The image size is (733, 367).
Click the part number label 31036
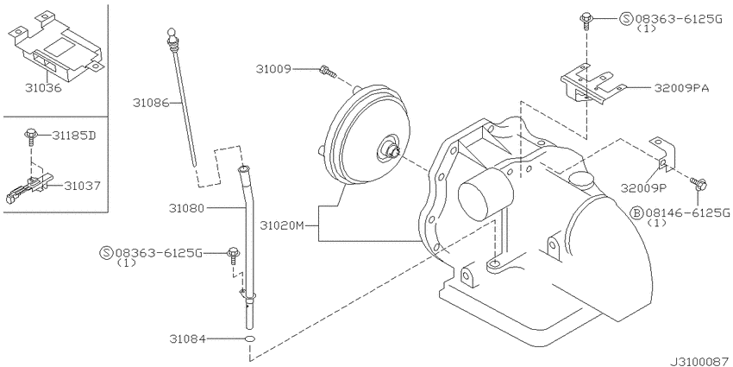(x=41, y=86)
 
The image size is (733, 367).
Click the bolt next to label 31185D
(x=31, y=134)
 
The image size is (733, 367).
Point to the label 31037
(x=76, y=184)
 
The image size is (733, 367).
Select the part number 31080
(x=188, y=208)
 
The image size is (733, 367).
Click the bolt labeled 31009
(x=326, y=70)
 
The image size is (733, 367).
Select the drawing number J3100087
(x=696, y=357)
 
